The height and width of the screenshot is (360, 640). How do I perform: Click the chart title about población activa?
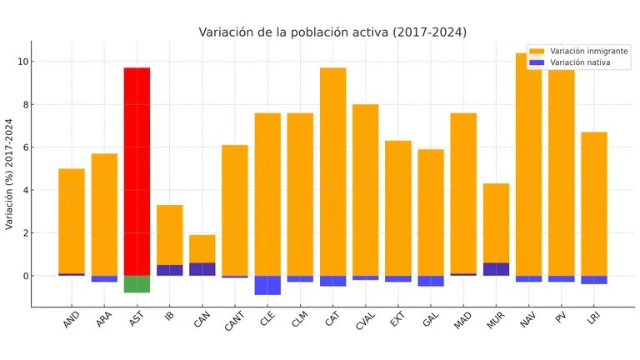pyautogui.click(x=332, y=32)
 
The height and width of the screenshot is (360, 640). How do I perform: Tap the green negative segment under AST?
pyautogui.click(x=137, y=284)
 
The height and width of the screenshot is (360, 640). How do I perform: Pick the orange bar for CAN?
pyautogui.click(x=202, y=248)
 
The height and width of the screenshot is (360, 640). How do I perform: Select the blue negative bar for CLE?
pyautogui.click(x=267, y=285)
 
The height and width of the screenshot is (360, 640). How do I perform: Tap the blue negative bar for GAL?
pyautogui.click(x=431, y=281)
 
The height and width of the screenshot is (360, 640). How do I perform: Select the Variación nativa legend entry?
pyautogui.click(x=580, y=62)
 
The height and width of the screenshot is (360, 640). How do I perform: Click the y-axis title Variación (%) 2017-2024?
pyautogui.click(x=9, y=174)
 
